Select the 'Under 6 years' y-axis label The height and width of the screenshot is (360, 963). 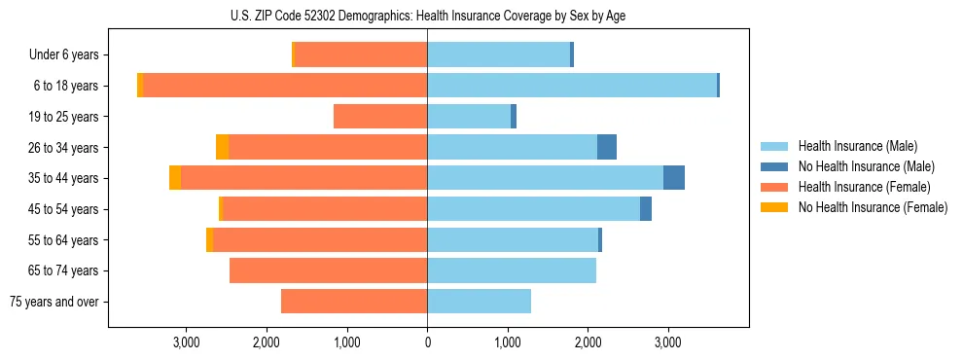(69, 55)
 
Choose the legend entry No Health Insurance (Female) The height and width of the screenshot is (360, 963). (873, 207)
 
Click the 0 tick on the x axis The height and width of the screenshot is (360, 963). (427, 342)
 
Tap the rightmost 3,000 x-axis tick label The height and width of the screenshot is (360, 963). (667, 342)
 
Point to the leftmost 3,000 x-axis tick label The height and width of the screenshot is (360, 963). (187, 342)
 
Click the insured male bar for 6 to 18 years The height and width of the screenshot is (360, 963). (572, 86)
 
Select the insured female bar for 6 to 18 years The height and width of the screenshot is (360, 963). (285, 86)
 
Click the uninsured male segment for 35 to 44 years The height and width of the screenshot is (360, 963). (674, 178)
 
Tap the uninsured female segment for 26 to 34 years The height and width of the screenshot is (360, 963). (223, 147)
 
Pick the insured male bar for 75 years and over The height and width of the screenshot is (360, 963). (479, 302)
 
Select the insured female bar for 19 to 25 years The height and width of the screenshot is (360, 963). (380, 117)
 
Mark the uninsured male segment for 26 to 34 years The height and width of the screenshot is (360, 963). (607, 147)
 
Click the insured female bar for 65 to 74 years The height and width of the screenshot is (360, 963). (329, 270)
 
